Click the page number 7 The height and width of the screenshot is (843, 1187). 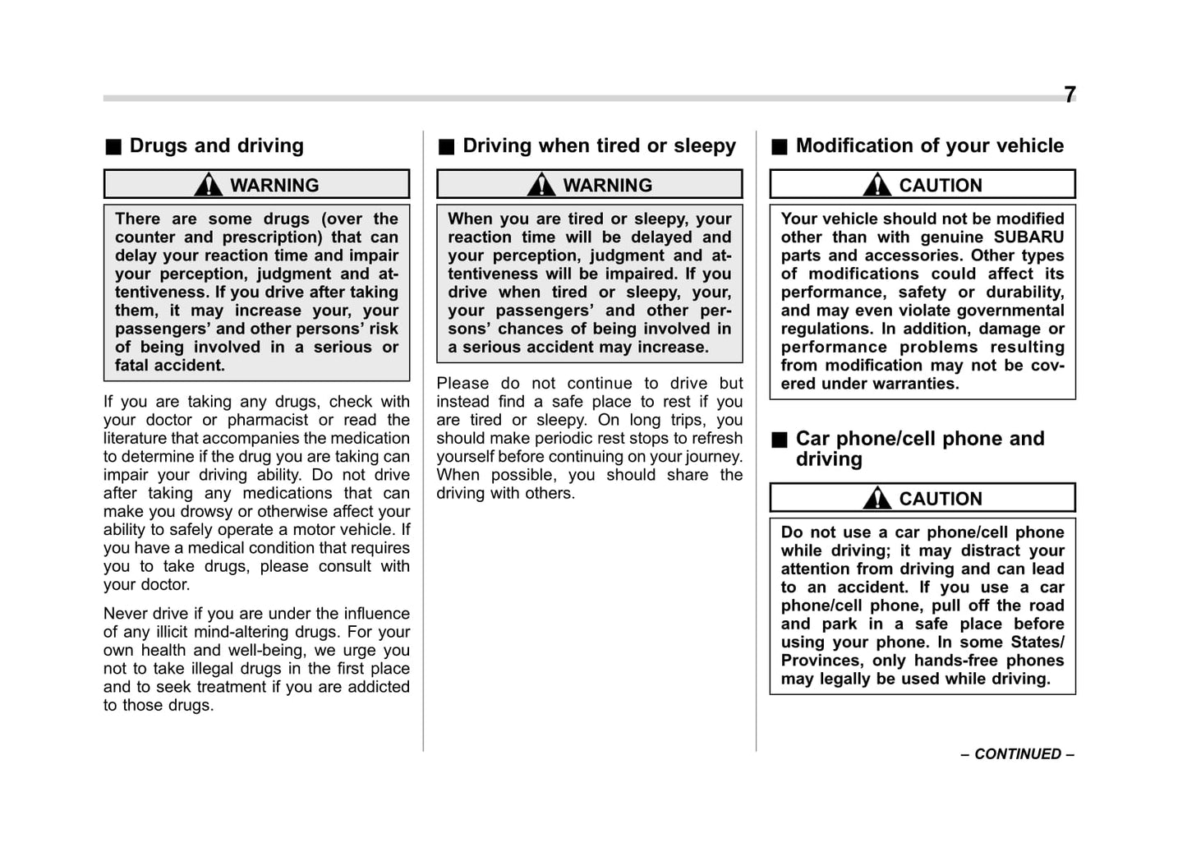tap(1069, 95)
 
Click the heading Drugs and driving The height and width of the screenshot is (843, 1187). tap(216, 146)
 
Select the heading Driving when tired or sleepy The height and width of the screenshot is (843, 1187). tap(599, 146)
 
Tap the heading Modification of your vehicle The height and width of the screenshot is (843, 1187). tap(929, 146)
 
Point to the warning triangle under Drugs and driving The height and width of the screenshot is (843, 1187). tap(209, 185)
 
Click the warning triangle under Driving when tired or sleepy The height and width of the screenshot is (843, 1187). tap(541, 185)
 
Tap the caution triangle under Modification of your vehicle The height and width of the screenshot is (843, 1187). tap(877, 185)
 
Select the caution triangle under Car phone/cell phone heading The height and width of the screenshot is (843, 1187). tap(877, 498)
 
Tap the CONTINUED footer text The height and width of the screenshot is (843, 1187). tap(1017, 753)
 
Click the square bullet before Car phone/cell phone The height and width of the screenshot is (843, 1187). tap(779, 440)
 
